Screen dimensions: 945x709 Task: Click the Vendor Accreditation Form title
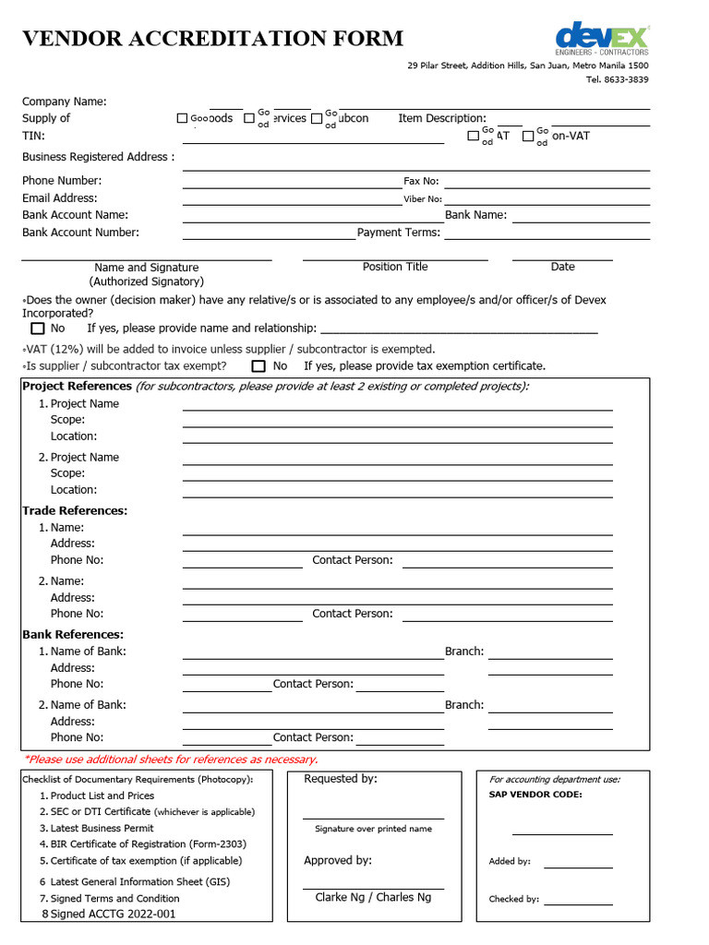(x=212, y=39)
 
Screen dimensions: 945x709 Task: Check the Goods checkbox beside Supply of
(x=182, y=118)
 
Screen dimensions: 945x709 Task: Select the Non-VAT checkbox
(x=528, y=136)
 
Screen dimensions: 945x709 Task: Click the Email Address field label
(x=59, y=197)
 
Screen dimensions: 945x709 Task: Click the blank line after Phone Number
(x=292, y=185)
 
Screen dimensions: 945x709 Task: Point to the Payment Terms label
(x=398, y=233)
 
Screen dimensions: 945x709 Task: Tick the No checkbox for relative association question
(x=38, y=329)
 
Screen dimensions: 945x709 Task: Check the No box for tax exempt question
(x=258, y=366)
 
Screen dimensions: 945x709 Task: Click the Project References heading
(x=77, y=386)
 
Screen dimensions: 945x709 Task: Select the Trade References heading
(x=75, y=510)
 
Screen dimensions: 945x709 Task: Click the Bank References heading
(x=73, y=634)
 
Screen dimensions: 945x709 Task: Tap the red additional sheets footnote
(x=170, y=760)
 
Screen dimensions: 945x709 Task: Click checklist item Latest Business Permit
(x=102, y=828)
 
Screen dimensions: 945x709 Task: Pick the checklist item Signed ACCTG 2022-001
(x=113, y=914)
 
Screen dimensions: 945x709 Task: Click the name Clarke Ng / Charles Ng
(x=373, y=897)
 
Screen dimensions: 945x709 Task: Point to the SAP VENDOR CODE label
(x=535, y=794)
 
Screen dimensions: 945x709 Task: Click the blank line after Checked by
(x=578, y=903)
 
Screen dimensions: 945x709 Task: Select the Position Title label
(x=395, y=267)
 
